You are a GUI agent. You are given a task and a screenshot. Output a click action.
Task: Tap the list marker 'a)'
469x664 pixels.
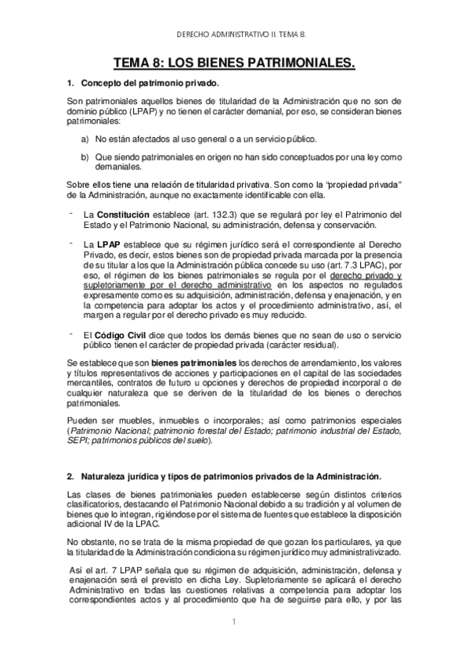85,139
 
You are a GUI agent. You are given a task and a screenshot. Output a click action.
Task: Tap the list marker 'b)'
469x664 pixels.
85,157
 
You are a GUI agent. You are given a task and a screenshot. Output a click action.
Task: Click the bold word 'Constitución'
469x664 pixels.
124,214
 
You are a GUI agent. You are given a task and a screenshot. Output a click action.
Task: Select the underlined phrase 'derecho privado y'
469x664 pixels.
367,277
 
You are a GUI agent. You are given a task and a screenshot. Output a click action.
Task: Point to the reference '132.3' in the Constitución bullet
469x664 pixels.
230,214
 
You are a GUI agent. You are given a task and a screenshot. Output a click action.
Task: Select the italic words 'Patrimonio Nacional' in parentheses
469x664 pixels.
110,431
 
